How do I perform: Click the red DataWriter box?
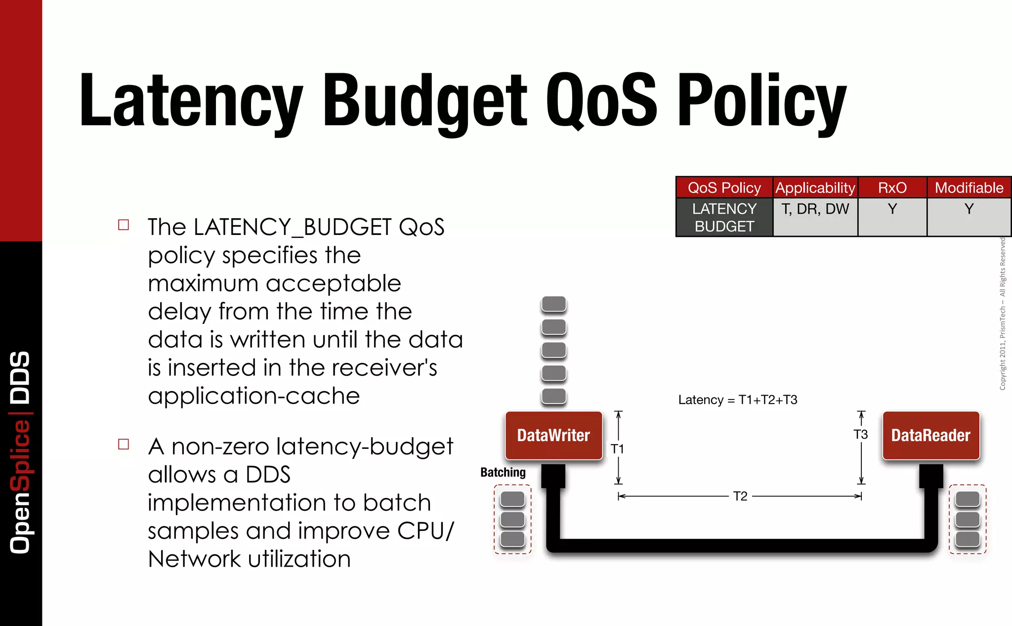pyautogui.click(x=553, y=436)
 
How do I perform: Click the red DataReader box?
pyautogui.click(x=930, y=436)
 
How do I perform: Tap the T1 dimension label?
pyautogui.click(x=617, y=449)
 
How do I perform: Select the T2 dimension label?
pyautogui.click(x=740, y=496)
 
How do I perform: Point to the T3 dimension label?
pyautogui.click(x=860, y=435)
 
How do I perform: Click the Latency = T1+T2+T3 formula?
pyautogui.click(x=737, y=400)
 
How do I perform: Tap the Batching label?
pyautogui.click(x=503, y=472)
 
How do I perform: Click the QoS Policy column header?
pyautogui.click(x=724, y=188)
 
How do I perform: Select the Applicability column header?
pyautogui.click(x=815, y=188)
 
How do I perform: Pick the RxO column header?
pyautogui.click(x=892, y=188)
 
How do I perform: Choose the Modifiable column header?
pyautogui.click(x=969, y=188)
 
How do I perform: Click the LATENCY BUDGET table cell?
pyautogui.click(x=724, y=218)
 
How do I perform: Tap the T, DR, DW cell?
pyautogui.click(x=815, y=209)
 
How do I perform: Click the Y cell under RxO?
pyautogui.click(x=892, y=209)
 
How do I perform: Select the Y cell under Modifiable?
pyautogui.click(x=969, y=209)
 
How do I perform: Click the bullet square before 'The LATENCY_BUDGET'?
pyautogui.click(x=124, y=225)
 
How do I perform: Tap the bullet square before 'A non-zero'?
pyautogui.click(x=124, y=444)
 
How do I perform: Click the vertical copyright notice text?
pyautogui.click(x=1002, y=314)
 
